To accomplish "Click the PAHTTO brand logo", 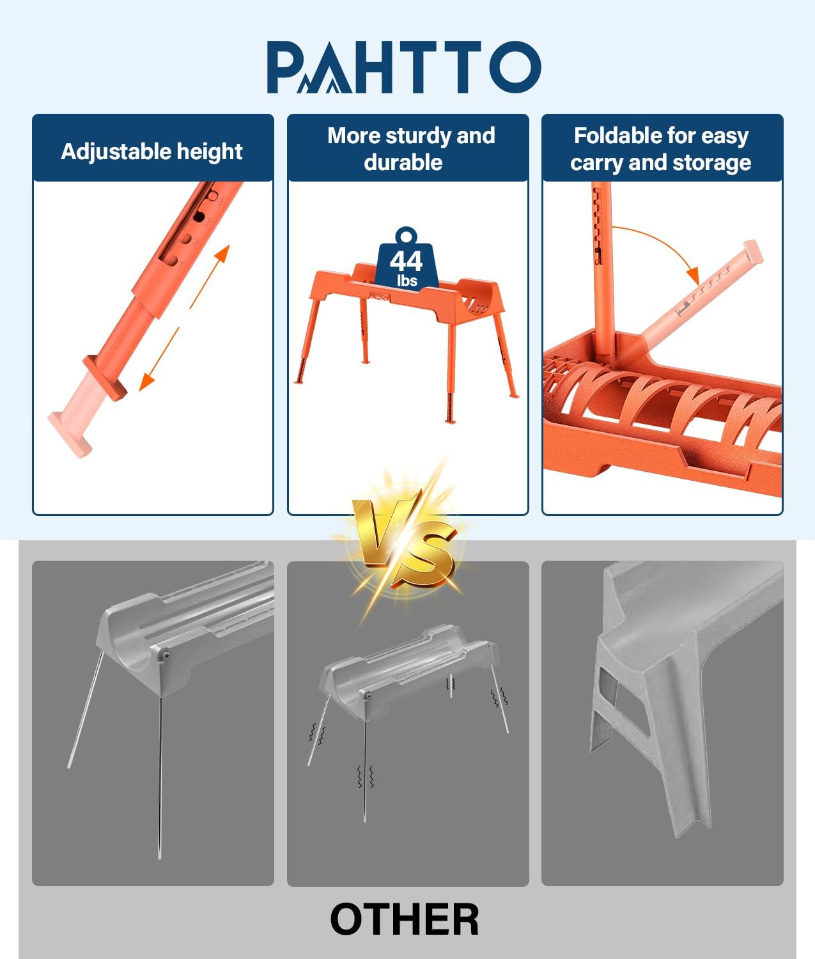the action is [x=404, y=66].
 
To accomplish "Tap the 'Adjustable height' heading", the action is [x=151, y=152].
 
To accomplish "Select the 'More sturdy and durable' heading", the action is [x=411, y=148].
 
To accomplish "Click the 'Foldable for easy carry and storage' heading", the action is [x=661, y=148].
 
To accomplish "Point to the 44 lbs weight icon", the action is [x=407, y=260].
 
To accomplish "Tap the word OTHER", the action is [x=404, y=919].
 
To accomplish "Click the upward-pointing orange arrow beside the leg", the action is [x=210, y=277].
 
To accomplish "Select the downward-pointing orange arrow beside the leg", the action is [x=159, y=359].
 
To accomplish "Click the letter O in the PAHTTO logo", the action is [x=515, y=66].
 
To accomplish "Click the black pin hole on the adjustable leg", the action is [x=199, y=216].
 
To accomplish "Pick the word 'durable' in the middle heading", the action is [x=403, y=162].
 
